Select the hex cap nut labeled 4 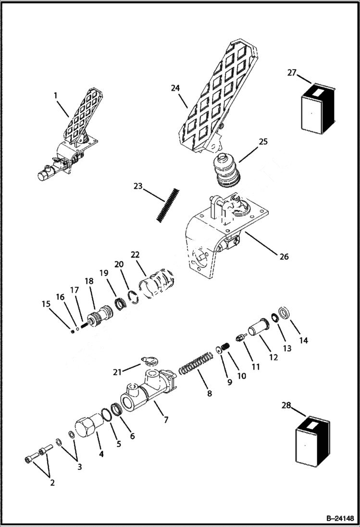pos(87,425)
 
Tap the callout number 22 pos(135,254)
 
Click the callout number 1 pos(55,95)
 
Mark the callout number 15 pos(45,304)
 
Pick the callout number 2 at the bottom pos(52,483)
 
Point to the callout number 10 pos(242,376)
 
